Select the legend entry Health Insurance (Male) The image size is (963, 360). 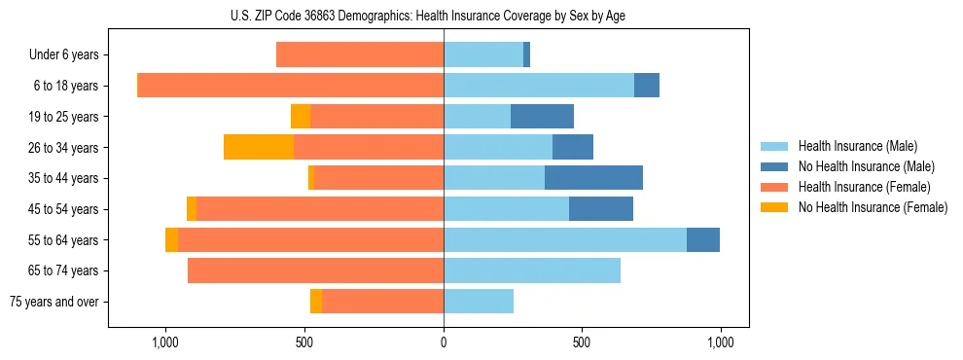point(858,146)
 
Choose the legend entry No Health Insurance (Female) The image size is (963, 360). point(873,207)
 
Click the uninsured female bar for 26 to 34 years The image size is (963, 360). point(259,147)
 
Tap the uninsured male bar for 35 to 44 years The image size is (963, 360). point(593,178)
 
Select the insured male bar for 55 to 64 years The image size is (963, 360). point(565,239)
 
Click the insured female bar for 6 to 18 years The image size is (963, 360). point(291,86)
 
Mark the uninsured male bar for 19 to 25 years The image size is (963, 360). point(542,117)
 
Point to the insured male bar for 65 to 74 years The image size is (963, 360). point(532,270)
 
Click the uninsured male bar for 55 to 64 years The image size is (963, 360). point(703,239)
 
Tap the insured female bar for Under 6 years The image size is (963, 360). point(360,55)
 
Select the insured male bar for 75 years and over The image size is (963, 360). point(479,302)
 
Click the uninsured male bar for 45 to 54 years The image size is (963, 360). point(601,209)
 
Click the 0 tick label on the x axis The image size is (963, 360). point(444,343)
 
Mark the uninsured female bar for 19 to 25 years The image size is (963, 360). point(301,117)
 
